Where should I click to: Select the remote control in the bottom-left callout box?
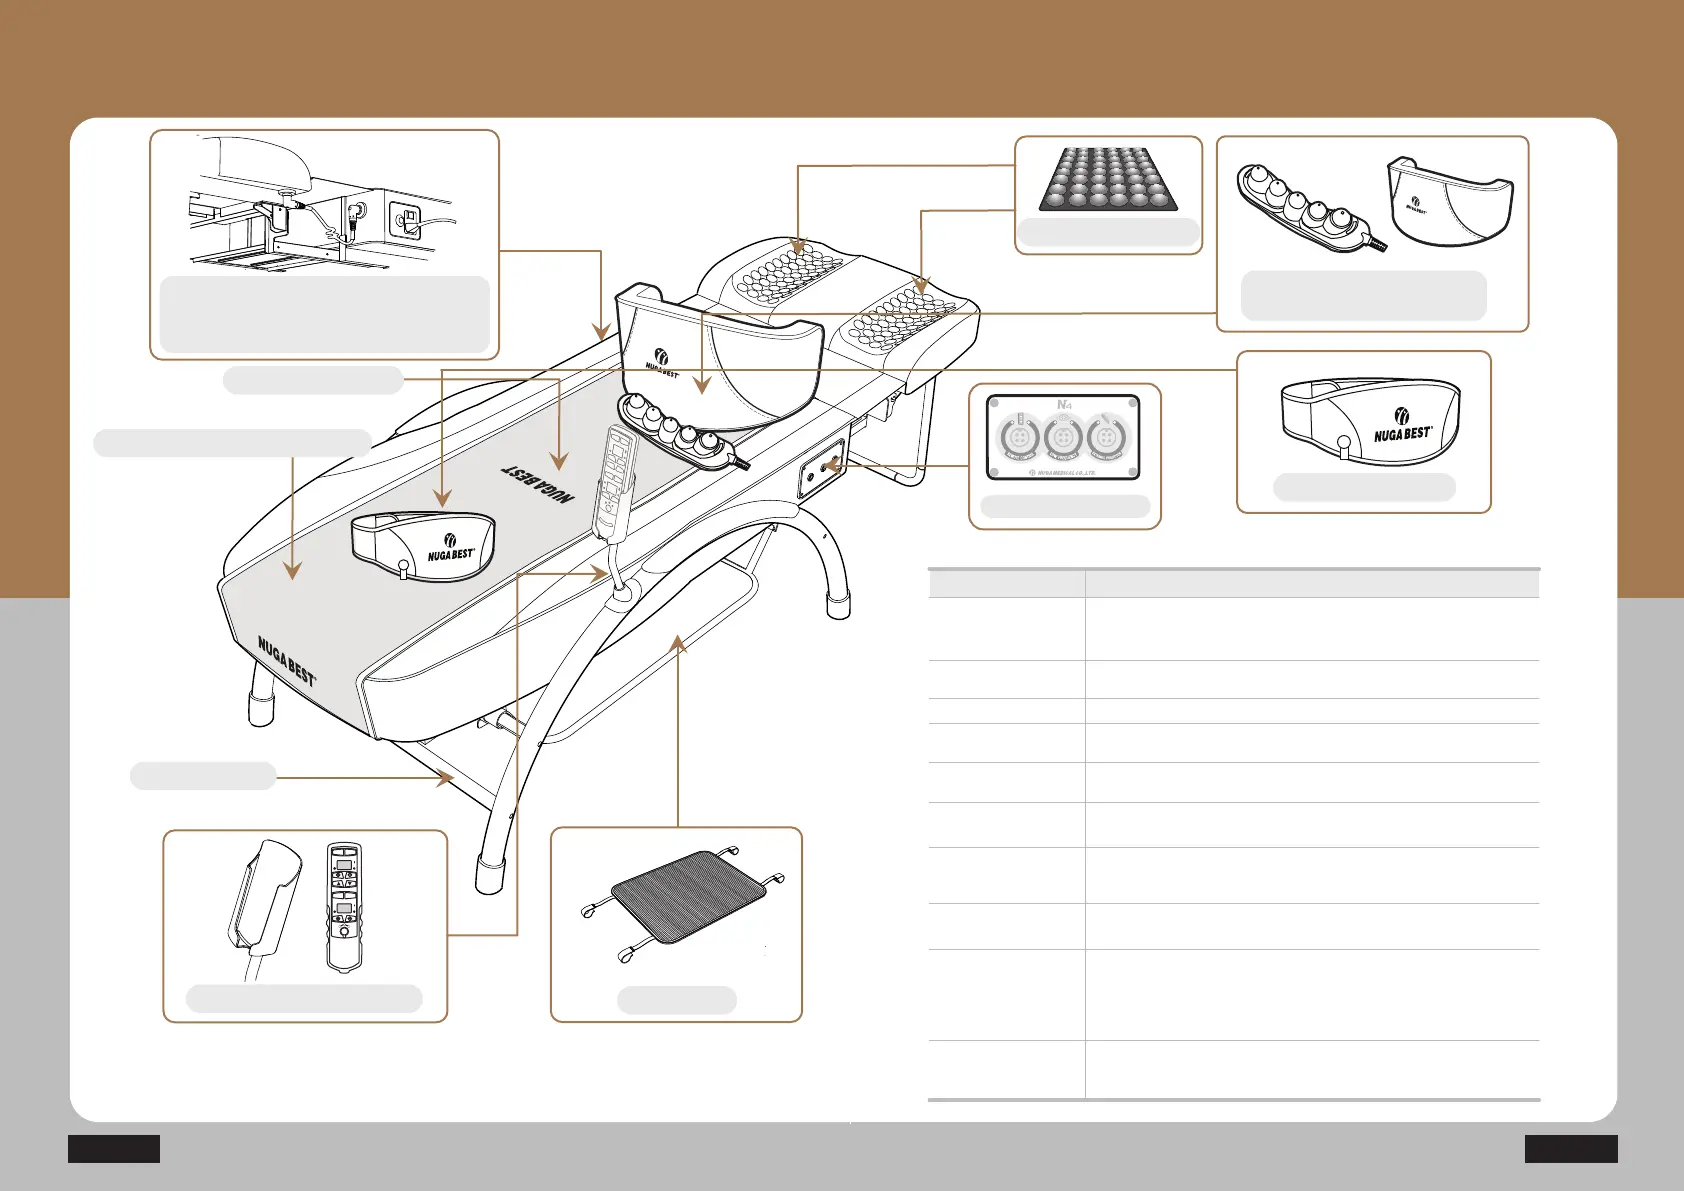(344, 906)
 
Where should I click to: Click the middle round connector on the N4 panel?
(1063, 438)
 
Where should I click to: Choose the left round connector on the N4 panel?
(1019, 438)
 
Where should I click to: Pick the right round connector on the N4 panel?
(1106, 438)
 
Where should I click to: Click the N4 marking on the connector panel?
(1064, 405)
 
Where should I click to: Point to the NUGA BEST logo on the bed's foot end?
(286, 660)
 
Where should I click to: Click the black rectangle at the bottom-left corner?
(114, 1148)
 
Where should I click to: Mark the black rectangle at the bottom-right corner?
(1570, 1148)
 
